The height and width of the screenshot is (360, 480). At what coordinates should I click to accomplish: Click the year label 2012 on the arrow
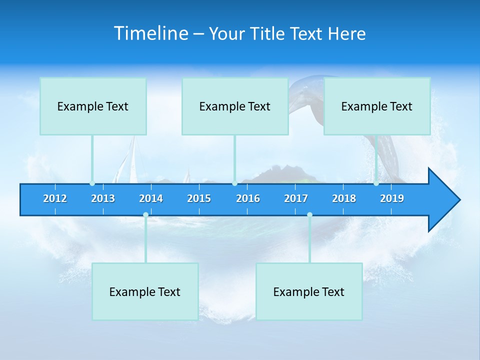coord(55,198)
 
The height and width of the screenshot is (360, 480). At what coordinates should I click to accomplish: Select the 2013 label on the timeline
coord(103,198)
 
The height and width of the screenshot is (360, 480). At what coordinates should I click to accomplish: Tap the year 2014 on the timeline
coord(151,198)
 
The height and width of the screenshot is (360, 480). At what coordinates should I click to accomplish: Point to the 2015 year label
coord(199,198)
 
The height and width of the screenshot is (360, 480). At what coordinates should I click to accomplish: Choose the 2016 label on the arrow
coord(248,198)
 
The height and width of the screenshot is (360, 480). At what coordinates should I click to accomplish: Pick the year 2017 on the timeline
coord(296,198)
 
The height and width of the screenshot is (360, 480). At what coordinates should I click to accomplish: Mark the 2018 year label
coord(344,198)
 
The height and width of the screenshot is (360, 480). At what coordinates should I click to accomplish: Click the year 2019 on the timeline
coord(392,198)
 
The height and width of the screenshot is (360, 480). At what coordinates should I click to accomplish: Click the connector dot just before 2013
coord(92,183)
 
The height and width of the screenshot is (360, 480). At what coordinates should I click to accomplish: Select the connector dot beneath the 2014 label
coord(145,215)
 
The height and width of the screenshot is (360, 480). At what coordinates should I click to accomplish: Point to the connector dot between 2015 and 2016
coord(234,183)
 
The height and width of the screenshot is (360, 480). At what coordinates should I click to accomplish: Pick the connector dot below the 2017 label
coord(309,215)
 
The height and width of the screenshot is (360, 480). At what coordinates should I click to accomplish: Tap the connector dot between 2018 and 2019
coord(376,183)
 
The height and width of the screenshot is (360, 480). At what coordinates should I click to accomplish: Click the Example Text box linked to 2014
coord(145,291)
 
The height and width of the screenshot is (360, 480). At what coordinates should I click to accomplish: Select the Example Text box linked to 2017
coord(309,291)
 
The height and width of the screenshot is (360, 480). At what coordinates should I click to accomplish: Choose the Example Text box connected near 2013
coord(93,106)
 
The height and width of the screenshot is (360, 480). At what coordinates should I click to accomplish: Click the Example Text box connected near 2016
coord(235,106)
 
